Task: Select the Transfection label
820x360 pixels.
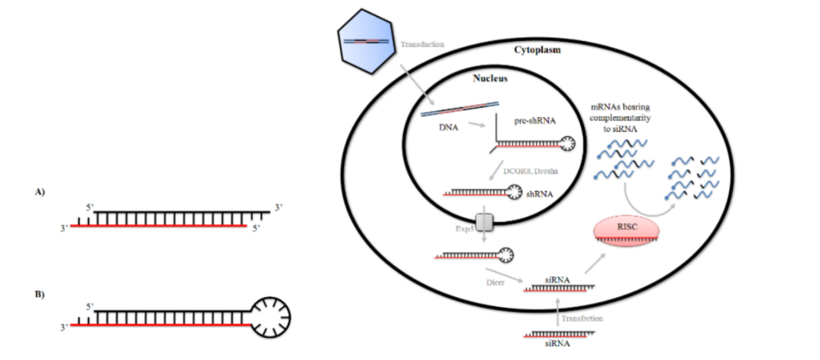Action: click(582, 318)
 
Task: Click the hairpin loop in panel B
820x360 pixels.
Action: click(271, 313)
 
